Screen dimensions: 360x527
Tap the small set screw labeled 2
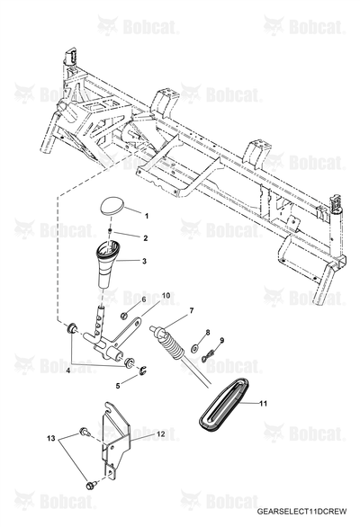[x=110, y=230]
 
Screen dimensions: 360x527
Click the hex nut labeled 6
[x=123, y=316]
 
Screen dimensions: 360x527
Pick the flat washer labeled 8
[x=194, y=349]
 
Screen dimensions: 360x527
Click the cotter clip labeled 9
[x=208, y=355]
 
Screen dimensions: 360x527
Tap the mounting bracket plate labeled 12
[x=115, y=442]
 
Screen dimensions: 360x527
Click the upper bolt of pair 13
[x=84, y=432]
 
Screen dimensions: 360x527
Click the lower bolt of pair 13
[x=92, y=485]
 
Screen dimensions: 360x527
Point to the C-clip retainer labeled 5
[x=144, y=371]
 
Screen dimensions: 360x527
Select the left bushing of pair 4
[x=72, y=327]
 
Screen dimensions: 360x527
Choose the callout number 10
[x=166, y=296]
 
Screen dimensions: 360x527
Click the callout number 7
[x=192, y=311]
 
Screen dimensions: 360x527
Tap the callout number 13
[x=51, y=439]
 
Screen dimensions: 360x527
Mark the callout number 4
[x=68, y=371]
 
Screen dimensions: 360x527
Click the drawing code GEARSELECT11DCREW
[x=301, y=512]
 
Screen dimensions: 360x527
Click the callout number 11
[x=263, y=403]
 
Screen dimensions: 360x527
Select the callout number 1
[x=147, y=216]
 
